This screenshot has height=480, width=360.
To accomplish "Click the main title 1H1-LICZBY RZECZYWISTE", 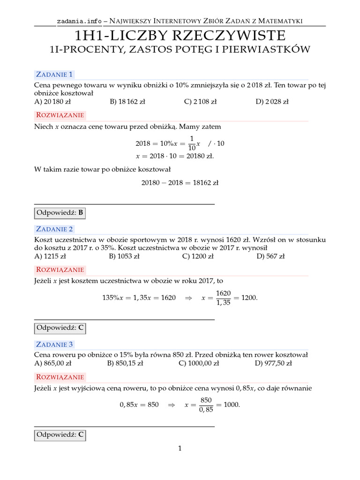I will tap(180, 36).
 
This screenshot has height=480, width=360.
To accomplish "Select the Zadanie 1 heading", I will tap(54, 74).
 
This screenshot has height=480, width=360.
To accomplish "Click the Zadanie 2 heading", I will tap(54, 229).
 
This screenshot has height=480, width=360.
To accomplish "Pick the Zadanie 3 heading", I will tap(54, 345).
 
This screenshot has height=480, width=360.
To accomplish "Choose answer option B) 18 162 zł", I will tap(127, 101).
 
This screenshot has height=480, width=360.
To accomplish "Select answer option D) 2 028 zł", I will tap(272, 101).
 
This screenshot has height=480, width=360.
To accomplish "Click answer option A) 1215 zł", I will tap(53, 256).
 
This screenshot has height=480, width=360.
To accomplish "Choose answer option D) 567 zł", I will tap(270, 256).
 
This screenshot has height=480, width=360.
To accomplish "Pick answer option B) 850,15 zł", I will tap(127, 363).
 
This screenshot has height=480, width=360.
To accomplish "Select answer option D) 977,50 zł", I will tap(273, 363).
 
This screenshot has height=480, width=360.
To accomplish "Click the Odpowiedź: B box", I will tap(60, 213).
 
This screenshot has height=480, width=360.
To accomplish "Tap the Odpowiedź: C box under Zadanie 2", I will tap(60, 328).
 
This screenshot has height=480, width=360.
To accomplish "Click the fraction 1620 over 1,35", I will tap(223, 298).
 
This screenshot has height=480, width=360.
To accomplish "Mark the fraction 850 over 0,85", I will tap(206, 405).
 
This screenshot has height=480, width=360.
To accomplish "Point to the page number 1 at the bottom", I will tap(180, 449).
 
